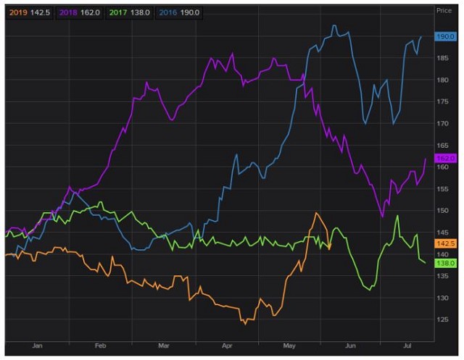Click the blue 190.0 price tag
[x=444, y=36]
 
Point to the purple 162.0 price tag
[x=444, y=158]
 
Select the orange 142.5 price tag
[x=444, y=243]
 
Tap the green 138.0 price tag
[x=444, y=264]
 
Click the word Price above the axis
[x=444, y=11]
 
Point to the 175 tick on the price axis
[x=442, y=101]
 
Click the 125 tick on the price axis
[x=442, y=319]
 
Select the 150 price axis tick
[x=442, y=211]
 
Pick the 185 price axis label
[x=442, y=58]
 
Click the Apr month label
[x=228, y=346]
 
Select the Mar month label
[x=165, y=346]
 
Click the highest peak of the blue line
[x=333, y=25]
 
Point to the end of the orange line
[x=330, y=248]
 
